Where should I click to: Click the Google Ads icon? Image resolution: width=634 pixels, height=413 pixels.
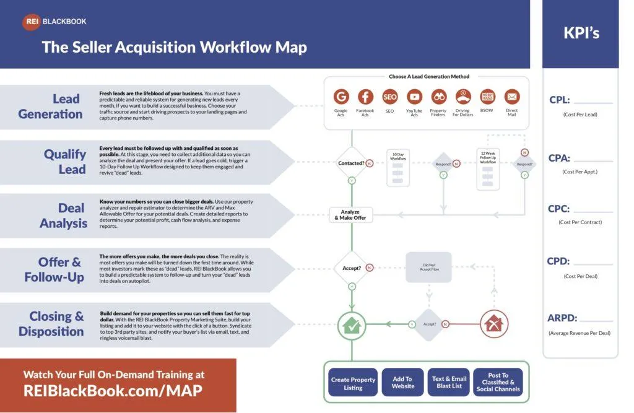point(341,97)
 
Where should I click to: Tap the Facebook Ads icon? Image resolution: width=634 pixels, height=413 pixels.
point(365,97)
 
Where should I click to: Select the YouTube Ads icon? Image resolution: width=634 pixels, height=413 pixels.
point(414,97)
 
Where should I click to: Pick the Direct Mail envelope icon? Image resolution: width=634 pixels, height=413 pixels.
point(511,97)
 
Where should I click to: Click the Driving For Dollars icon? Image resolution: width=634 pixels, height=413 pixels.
point(463,97)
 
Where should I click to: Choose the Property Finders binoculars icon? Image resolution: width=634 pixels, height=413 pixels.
point(438,97)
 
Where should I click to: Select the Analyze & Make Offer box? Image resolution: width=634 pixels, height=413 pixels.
point(350,215)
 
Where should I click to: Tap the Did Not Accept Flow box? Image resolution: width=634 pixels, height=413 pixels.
point(428,267)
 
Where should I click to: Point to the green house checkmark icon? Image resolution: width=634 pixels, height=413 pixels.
point(352,324)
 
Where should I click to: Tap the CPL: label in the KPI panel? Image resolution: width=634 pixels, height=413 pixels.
point(559,100)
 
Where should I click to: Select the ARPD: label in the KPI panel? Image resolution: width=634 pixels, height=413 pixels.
point(562,318)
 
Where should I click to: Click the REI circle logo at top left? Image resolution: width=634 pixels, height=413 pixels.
point(31,22)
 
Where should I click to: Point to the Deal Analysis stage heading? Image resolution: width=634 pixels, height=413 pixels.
point(63,215)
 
